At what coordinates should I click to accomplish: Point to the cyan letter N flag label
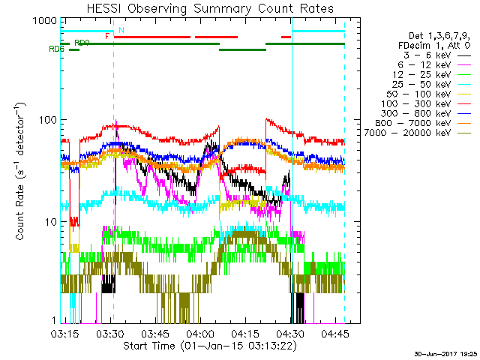pos(121,29)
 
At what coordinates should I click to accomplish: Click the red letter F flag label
pos(107,35)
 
